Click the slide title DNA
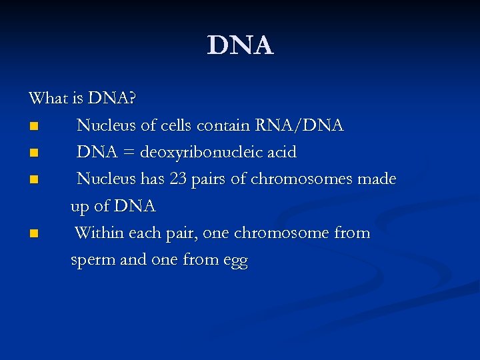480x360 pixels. [240, 45]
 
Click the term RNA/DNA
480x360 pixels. [309, 125]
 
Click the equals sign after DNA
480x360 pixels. [127, 153]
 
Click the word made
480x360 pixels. [377, 179]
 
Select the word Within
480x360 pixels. [97, 233]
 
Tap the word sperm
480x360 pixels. [93, 261]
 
